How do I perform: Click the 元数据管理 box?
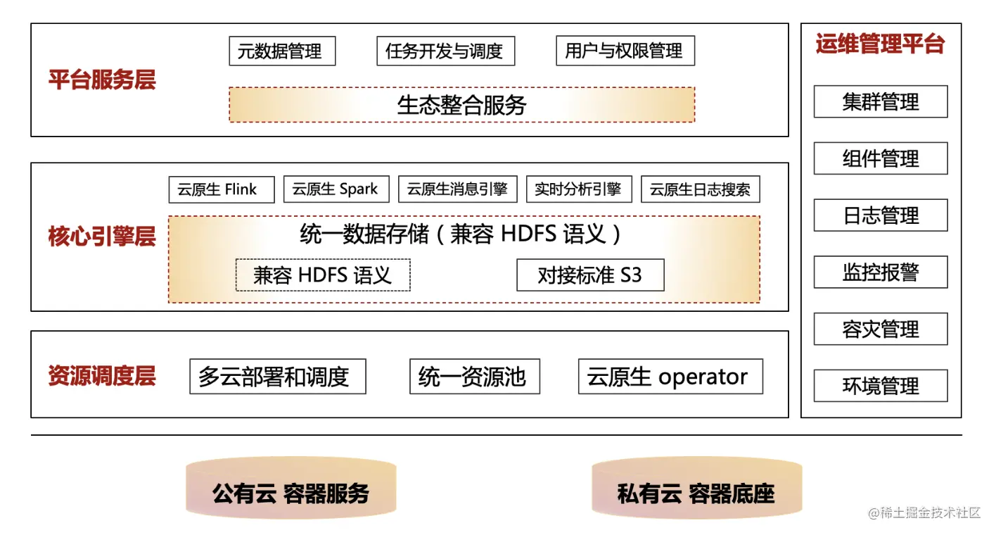pyautogui.click(x=282, y=51)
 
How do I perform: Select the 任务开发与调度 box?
pyautogui.click(x=445, y=51)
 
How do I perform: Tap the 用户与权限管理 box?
pyautogui.click(x=625, y=51)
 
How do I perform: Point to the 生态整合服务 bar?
pyautogui.click(x=461, y=105)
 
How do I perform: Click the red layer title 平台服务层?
pyautogui.click(x=102, y=80)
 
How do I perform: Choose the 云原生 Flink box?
pyautogui.click(x=221, y=189)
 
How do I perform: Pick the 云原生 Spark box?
pyautogui.click(x=336, y=189)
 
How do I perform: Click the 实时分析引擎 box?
pyautogui.click(x=578, y=189)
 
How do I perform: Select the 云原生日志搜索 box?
pyautogui.click(x=700, y=189)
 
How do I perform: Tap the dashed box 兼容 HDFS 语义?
pyautogui.click(x=322, y=275)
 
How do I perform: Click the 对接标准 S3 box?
pyautogui.click(x=590, y=275)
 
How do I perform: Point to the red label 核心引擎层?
pyautogui.click(x=102, y=237)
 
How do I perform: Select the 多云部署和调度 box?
pyautogui.click(x=277, y=377)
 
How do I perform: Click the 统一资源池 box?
pyautogui.click(x=474, y=377)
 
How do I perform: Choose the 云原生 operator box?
pyautogui.click(x=670, y=377)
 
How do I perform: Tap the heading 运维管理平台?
pyautogui.click(x=880, y=44)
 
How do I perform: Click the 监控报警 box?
pyautogui.click(x=881, y=272)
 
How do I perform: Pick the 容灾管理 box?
pyautogui.click(x=881, y=329)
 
